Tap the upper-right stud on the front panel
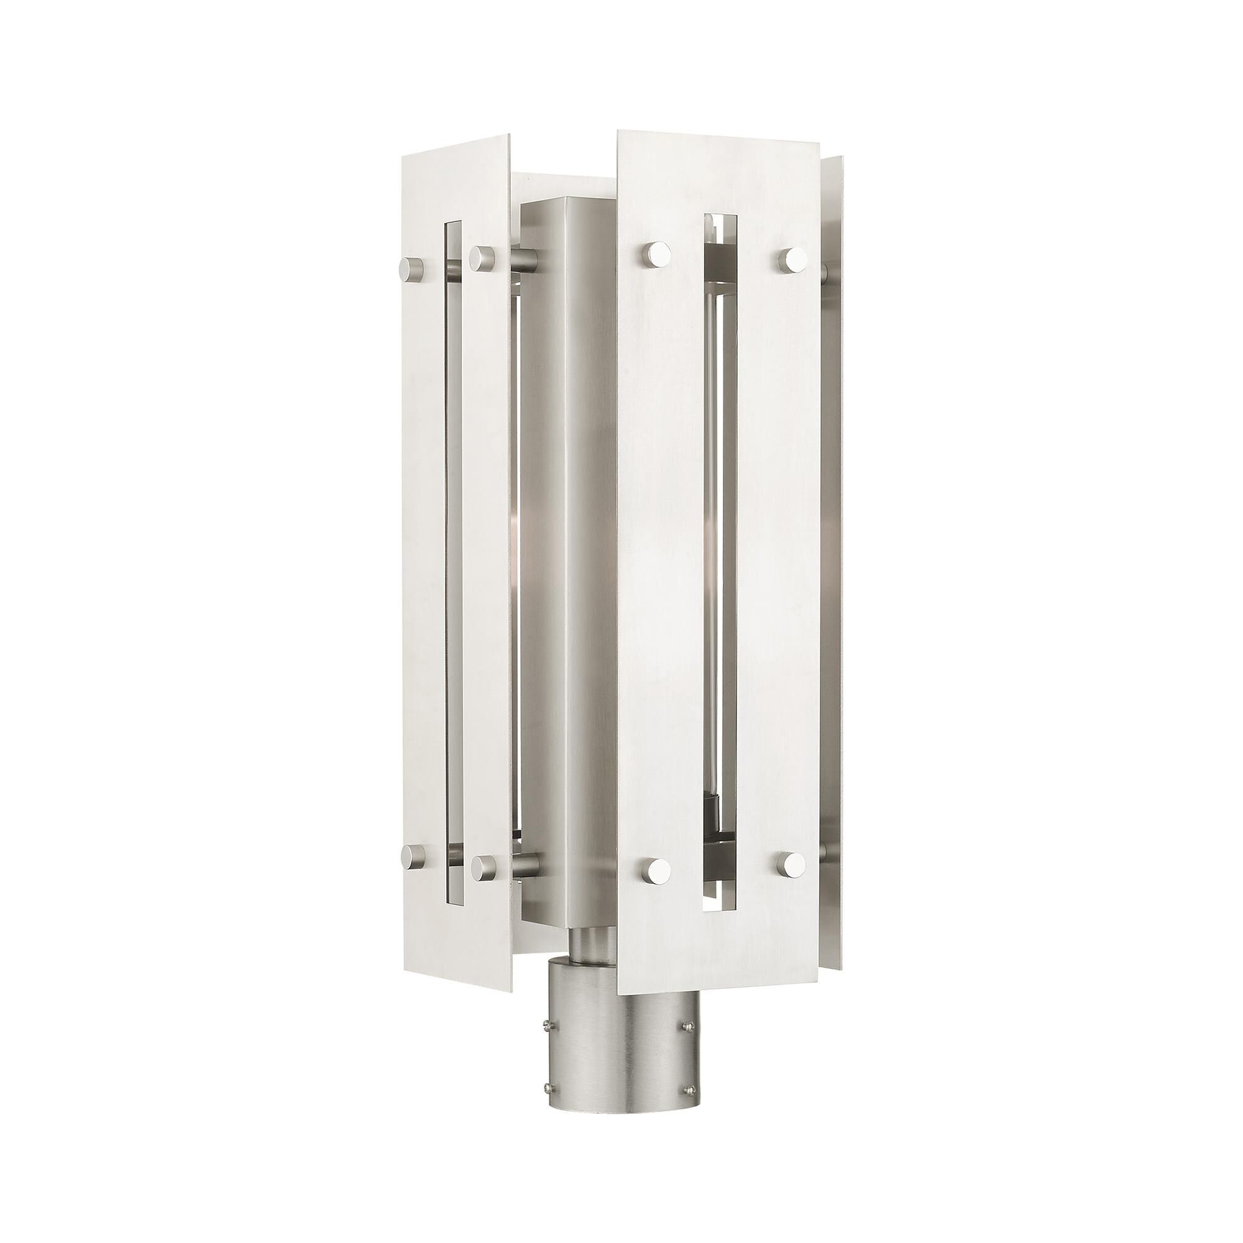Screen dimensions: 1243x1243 [792, 259]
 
